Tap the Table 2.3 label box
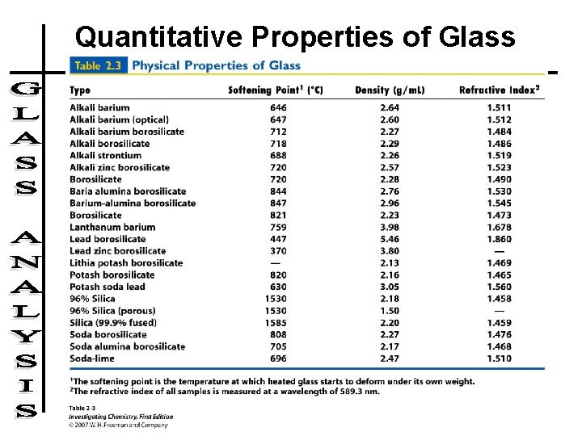tap(98, 65)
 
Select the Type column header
tap(80, 90)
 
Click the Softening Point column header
tap(276, 90)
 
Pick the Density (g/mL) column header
tap(390, 90)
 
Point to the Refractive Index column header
tap(498, 90)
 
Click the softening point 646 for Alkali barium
tap(279, 107)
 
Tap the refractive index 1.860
tap(499, 239)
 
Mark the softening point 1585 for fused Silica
tap(276, 322)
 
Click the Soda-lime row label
tap(92, 358)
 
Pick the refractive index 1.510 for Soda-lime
tap(499, 358)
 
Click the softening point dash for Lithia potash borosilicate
tap(279, 263)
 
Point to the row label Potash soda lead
tap(108, 287)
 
